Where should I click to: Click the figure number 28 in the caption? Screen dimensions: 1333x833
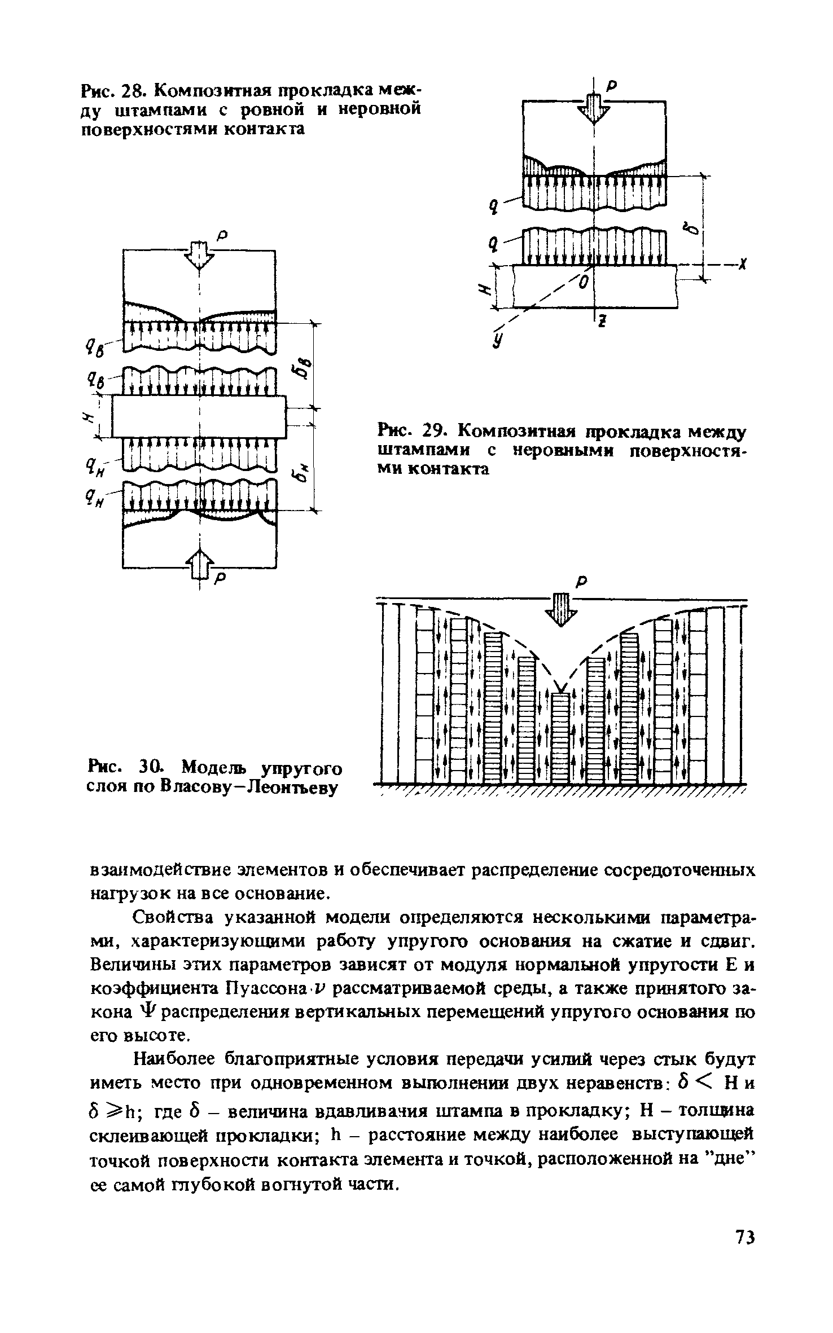135,90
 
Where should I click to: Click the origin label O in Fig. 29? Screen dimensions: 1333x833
584,280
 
